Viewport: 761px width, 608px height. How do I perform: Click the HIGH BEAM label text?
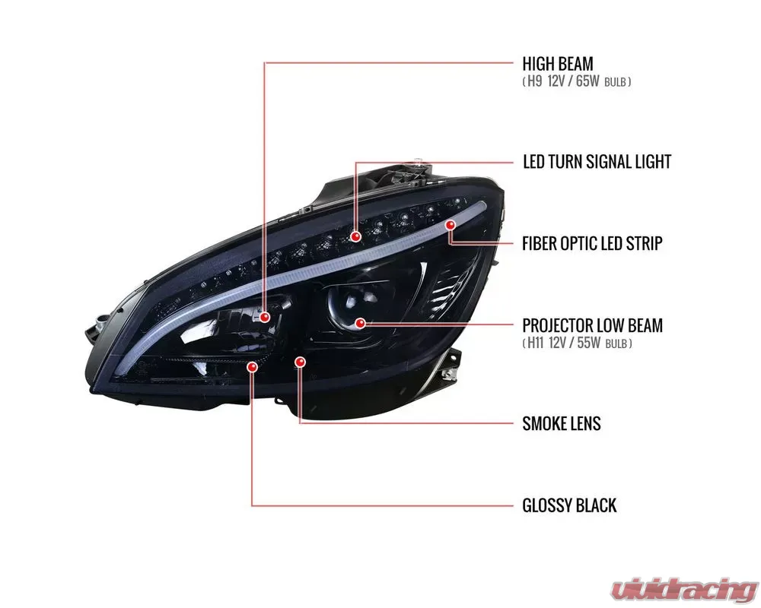557,63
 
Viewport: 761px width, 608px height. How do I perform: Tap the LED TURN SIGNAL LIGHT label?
597,162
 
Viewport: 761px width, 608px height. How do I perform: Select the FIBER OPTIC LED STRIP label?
592,243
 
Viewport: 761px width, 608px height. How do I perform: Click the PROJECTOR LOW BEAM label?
592,325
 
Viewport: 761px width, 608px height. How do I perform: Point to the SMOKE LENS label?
561,423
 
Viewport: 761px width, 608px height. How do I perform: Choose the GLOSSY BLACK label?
569,505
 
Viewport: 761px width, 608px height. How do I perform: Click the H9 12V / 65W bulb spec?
577,81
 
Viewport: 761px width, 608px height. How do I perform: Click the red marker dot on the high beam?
265,316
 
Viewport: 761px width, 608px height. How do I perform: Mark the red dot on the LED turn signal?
355,237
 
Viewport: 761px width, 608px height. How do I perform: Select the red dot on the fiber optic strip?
451,225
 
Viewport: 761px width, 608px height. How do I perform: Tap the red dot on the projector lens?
360,323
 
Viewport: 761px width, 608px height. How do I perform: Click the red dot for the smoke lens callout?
300,362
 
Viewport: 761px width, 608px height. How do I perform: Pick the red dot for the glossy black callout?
253,366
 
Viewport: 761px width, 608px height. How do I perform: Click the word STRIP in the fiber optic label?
642,243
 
